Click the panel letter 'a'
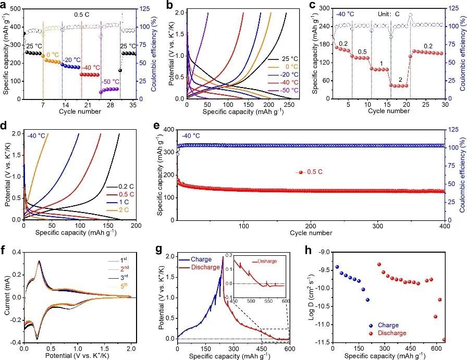[x=5, y=6]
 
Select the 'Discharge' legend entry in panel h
[x=392, y=333]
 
